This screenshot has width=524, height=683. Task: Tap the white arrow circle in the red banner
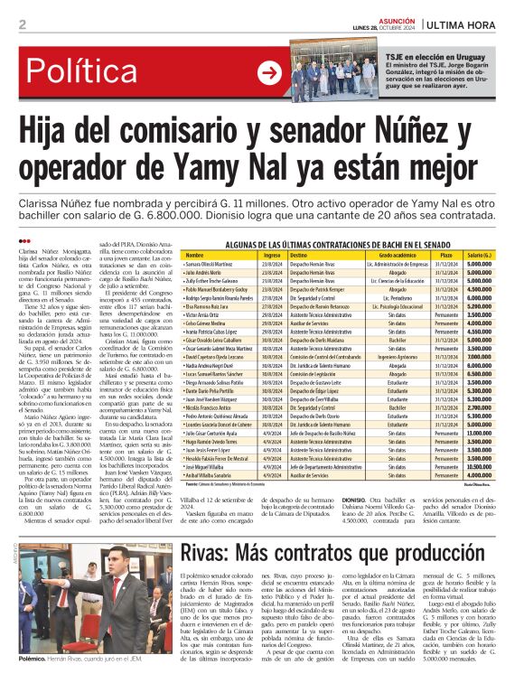coord(268,72)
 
